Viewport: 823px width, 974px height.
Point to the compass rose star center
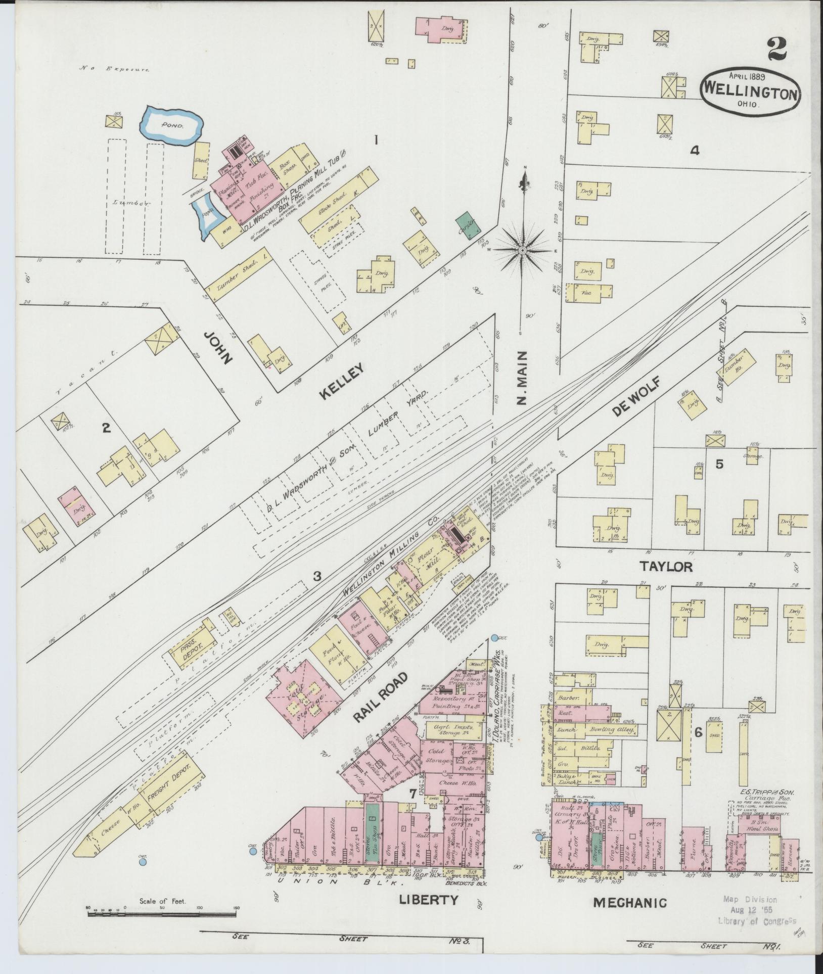(x=524, y=250)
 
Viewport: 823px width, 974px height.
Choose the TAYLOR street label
(x=666, y=567)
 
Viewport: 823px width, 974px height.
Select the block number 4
(x=695, y=150)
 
